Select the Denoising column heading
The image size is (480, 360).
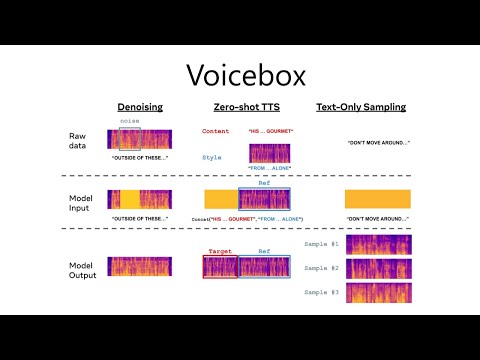pos(140,107)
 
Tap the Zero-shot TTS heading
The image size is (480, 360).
pos(245,107)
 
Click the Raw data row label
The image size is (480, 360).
pos(79,141)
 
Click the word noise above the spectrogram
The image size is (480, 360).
pos(129,122)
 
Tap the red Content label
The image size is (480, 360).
pos(215,131)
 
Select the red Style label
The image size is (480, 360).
pos(212,157)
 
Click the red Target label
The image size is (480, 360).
pos(220,251)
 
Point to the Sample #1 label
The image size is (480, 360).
pos(321,245)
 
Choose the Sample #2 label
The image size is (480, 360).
pos(321,269)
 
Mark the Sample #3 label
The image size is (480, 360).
pos(321,293)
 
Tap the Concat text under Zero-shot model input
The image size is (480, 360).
pos(247,218)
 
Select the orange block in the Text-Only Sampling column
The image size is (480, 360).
pos(378,198)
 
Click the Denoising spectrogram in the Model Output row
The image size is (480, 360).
pos(140,267)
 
